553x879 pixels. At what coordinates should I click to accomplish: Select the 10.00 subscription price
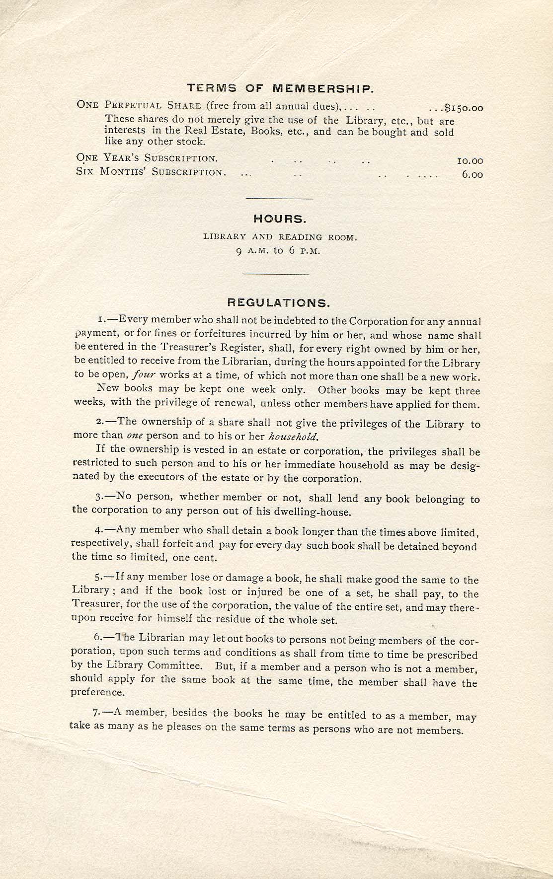470,161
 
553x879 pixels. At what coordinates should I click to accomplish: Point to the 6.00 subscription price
472,174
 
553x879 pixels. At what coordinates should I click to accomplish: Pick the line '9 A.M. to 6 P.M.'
278,251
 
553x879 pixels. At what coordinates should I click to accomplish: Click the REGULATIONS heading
278,302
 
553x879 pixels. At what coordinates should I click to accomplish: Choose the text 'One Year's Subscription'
147,158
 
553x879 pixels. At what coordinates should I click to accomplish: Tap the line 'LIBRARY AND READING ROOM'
280,237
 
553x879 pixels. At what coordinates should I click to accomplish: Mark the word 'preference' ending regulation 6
97,692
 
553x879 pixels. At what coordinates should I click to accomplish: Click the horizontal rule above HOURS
279,199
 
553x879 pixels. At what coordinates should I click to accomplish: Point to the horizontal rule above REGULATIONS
275,274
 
